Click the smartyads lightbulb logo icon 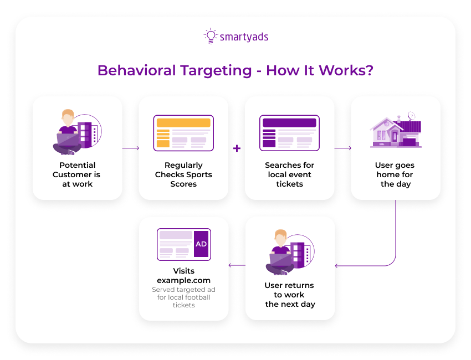point(210,37)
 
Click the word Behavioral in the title point(136,71)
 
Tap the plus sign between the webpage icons point(237,148)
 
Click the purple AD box point(201,244)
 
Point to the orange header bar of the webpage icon point(183,123)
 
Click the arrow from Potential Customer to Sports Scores point(130,148)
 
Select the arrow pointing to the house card point(343,148)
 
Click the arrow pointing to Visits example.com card point(237,265)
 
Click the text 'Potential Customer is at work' point(78,174)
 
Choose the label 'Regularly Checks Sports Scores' point(183,174)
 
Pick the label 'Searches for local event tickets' point(289,174)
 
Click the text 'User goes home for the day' point(395,174)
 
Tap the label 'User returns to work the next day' point(290,295)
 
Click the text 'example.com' point(183,280)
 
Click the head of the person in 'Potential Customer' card point(68,117)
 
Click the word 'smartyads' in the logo point(244,37)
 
